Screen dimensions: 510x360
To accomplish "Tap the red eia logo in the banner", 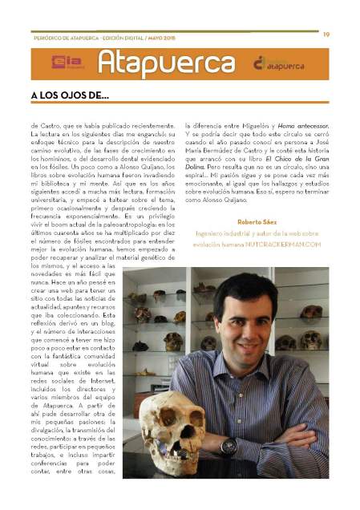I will (x=63, y=63).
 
